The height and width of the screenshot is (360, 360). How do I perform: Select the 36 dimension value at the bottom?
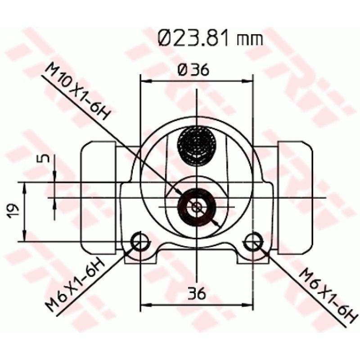pyautogui.click(x=197, y=293)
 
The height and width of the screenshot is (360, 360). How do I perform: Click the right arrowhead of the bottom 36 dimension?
pyautogui.click(x=249, y=306)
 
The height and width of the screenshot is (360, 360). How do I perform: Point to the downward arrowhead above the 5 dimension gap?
pyautogui.click(x=54, y=178)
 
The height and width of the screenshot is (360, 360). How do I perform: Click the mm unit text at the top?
pyautogui.click(x=251, y=39)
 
